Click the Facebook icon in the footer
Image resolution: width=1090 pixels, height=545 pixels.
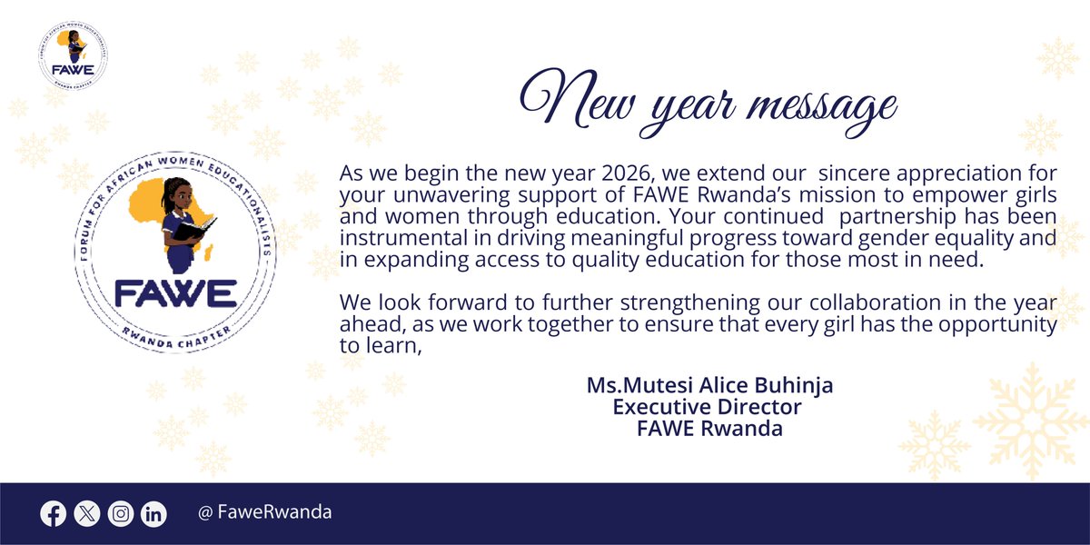click(54, 513)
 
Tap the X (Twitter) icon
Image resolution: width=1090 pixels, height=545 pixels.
click(86, 513)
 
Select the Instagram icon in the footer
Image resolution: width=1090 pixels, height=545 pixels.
click(120, 513)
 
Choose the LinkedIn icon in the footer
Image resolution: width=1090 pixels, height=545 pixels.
click(154, 513)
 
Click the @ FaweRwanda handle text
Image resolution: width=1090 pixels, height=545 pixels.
click(264, 512)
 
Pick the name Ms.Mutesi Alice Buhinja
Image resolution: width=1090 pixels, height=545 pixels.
click(709, 385)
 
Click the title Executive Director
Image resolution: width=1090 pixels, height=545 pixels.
click(708, 406)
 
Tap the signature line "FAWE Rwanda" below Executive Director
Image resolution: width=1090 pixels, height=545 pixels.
click(709, 428)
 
